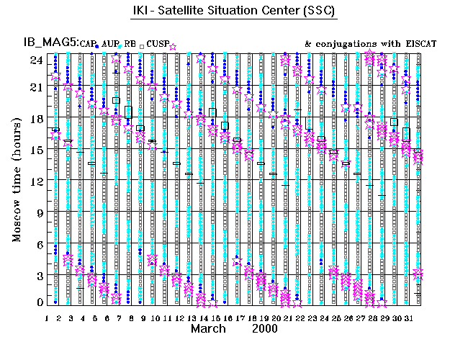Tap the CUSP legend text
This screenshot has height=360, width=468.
[x=158, y=45]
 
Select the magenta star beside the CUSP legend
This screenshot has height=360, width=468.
[x=173, y=47]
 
